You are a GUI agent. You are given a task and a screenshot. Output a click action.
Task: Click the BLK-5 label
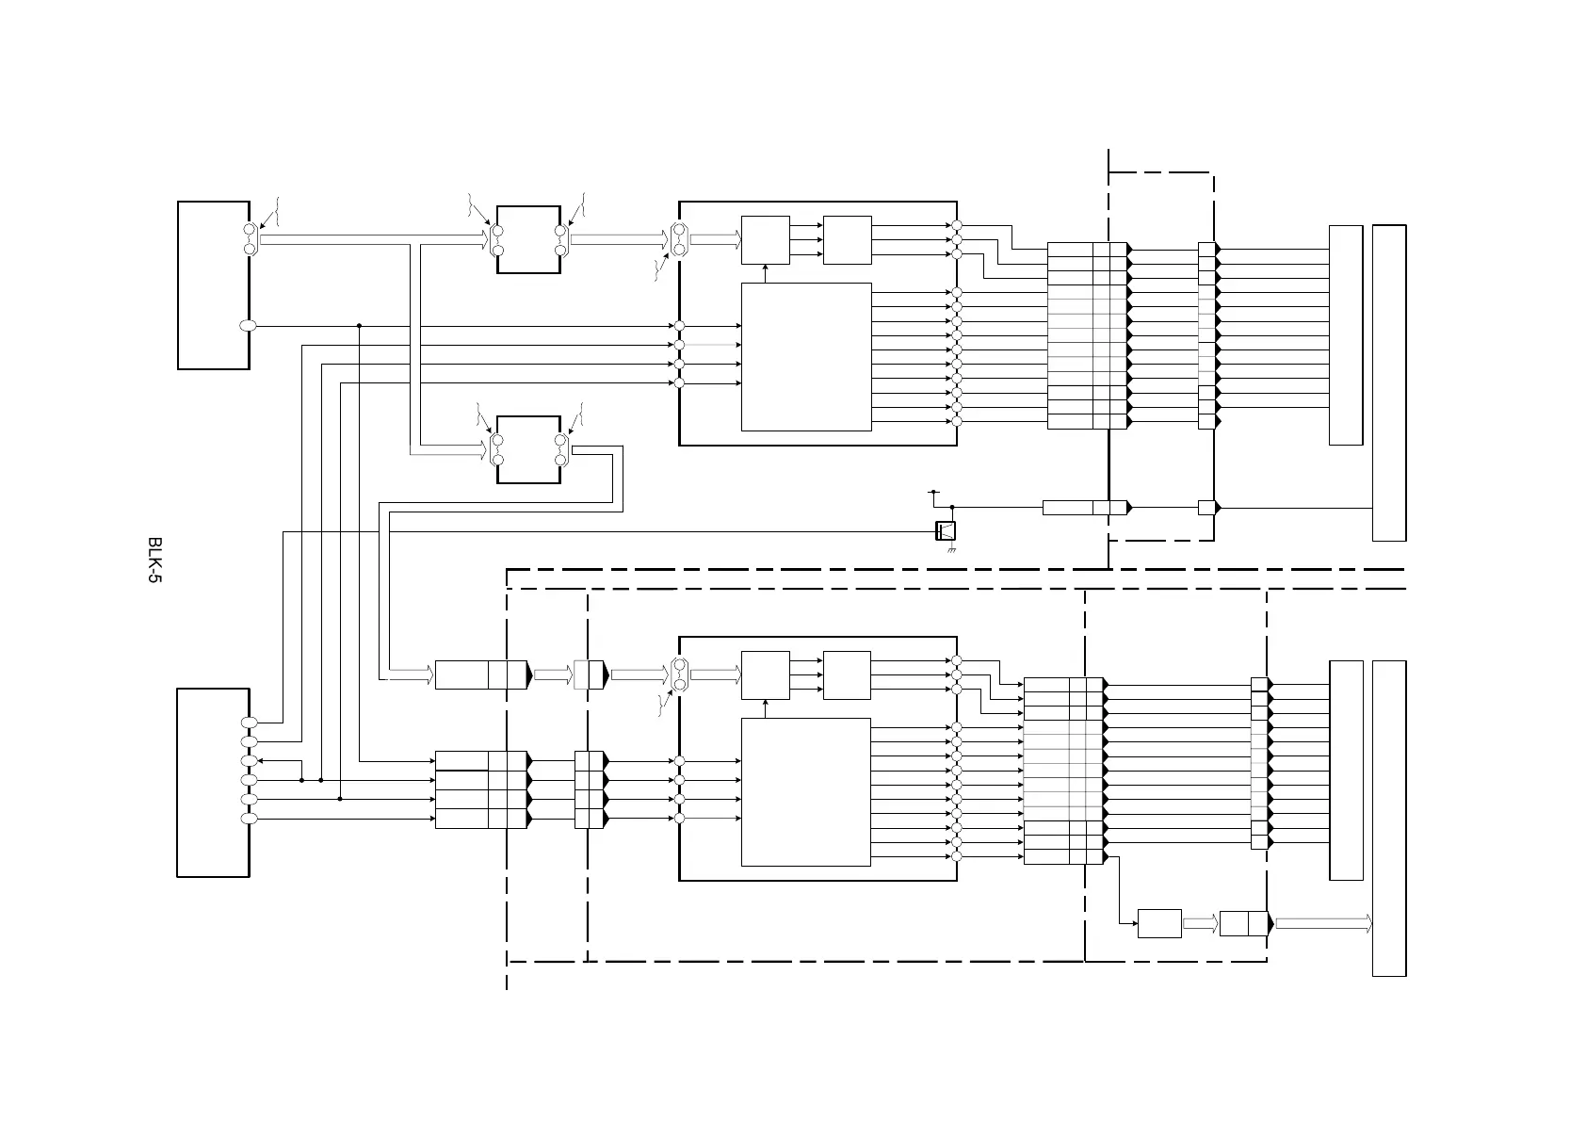(x=154, y=560)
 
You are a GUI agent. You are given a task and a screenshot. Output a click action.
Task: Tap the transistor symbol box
(x=946, y=530)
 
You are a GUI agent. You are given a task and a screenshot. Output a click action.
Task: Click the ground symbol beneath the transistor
(x=951, y=549)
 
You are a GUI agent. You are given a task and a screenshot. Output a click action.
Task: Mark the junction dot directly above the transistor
(x=951, y=507)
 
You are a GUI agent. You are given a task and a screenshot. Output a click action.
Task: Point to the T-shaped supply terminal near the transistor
(x=934, y=492)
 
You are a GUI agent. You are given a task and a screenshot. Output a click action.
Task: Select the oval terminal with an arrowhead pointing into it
(x=250, y=760)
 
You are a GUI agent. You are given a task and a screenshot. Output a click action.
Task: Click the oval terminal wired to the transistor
(x=250, y=723)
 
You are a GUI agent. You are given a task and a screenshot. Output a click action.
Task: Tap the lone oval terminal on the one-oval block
(x=248, y=326)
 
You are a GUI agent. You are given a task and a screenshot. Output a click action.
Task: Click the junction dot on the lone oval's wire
(x=359, y=326)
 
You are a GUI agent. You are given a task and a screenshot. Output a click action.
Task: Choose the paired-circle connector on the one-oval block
(x=250, y=239)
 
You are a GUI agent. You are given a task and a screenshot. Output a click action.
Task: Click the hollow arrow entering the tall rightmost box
(x=1323, y=923)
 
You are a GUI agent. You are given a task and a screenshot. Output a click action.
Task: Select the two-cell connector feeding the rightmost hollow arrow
(x=1245, y=923)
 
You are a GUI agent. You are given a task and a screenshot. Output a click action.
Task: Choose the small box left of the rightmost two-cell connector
(x=1159, y=923)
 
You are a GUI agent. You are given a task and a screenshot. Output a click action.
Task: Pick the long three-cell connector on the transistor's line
(x=1087, y=507)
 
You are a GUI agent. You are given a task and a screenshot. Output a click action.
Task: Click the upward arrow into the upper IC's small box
(x=766, y=274)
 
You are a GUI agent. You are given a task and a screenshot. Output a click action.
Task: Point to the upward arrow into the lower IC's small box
(x=766, y=708)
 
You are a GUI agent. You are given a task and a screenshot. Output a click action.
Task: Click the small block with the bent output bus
(x=529, y=449)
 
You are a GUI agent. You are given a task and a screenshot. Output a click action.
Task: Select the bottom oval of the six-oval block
(x=250, y=819)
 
